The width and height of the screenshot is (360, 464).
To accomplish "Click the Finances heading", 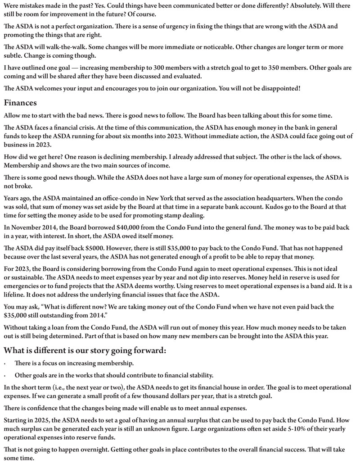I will [x=20, y=103].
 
